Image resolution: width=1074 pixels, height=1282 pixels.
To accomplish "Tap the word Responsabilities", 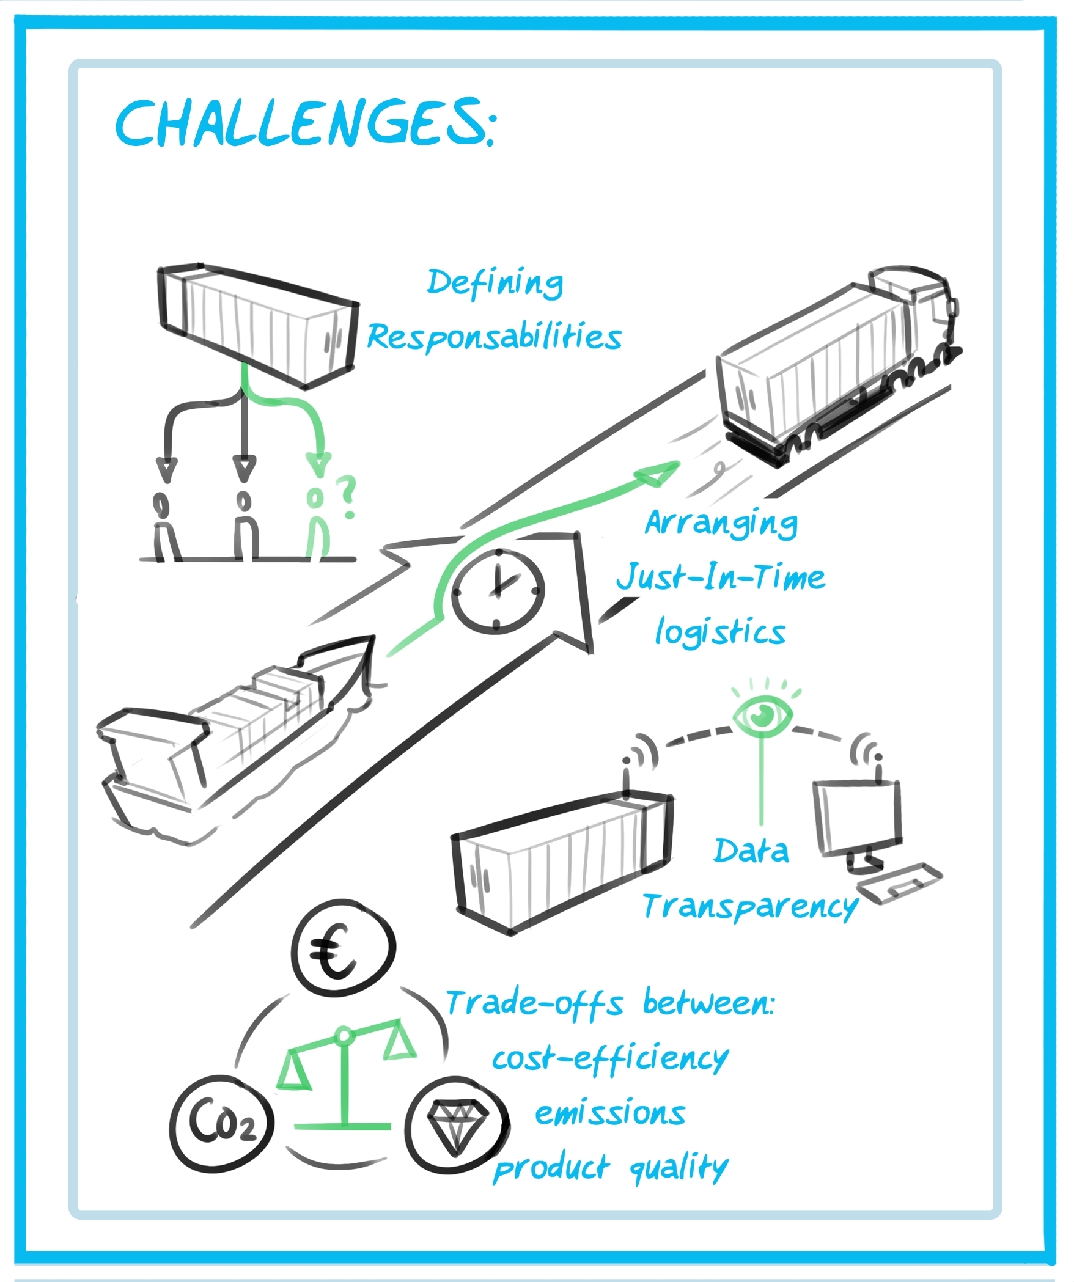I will [494, 337].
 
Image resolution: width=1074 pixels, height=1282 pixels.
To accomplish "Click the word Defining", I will [495, 283].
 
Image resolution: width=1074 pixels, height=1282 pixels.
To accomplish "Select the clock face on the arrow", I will [498, 591].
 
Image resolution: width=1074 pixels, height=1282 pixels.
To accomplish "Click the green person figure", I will [316, 526].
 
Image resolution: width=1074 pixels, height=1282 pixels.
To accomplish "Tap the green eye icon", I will [762, 714].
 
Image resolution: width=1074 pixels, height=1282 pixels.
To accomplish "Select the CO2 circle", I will [222, 1123].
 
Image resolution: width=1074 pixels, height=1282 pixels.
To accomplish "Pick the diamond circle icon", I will [457, 1125].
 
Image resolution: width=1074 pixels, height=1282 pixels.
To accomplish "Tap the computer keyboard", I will [899, 882].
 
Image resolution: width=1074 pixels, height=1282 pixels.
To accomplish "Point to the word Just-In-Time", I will [721, 577].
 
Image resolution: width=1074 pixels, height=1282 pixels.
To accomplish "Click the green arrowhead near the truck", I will [658, 473].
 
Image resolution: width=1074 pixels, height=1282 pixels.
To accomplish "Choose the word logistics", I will [720, 632].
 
